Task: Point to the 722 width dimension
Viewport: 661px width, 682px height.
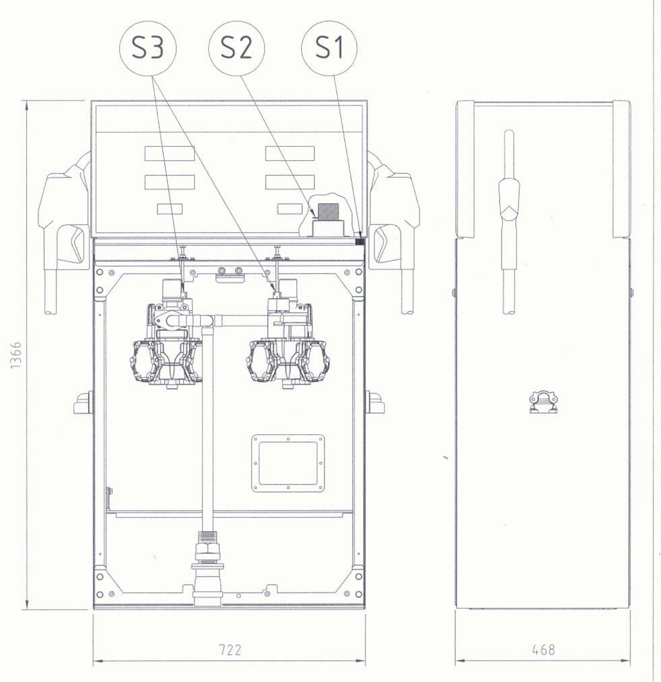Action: click(x=230, y=650)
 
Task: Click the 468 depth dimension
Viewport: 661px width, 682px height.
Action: click(x=543, y=650)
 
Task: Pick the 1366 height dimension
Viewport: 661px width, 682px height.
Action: click(x=16, y=355)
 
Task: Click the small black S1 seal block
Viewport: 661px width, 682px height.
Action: click(x=360, y=242)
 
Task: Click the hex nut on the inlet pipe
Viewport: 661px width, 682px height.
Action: click(x=208, y=548)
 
